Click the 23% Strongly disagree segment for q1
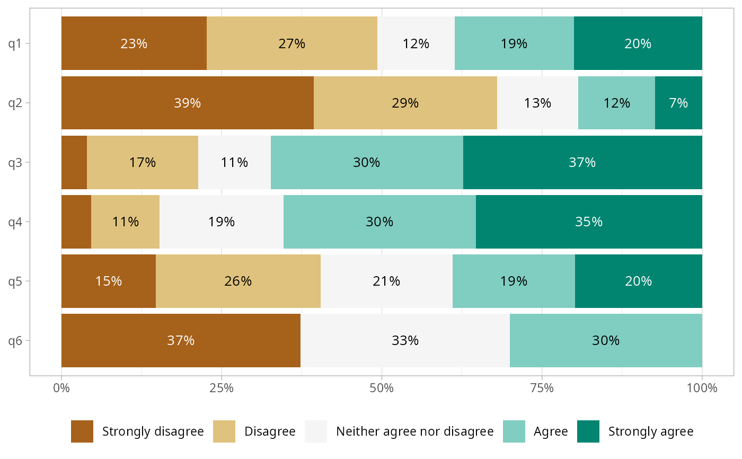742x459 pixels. point(134,43)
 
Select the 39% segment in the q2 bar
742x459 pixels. point(187,103)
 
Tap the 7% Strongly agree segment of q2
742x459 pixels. point(678,103)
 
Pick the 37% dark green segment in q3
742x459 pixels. point(582,162)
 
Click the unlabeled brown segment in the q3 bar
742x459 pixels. point(74,162)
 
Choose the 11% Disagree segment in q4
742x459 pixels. point(125,222)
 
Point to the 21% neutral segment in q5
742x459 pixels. point(386,281)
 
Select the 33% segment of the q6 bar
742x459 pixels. point(405,340)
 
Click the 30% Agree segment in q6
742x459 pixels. point(606,340)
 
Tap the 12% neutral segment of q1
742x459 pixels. point(416,43)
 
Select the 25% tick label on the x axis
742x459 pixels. point(222,388)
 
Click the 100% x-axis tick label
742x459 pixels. point(702,388)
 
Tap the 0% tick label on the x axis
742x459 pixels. point(61,388)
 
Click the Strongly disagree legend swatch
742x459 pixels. point(82,431)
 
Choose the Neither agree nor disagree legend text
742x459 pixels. point(415,431)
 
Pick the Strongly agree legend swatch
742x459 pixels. point(588,431)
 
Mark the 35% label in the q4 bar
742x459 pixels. point(589,222)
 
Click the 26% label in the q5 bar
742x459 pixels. point(238,281)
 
